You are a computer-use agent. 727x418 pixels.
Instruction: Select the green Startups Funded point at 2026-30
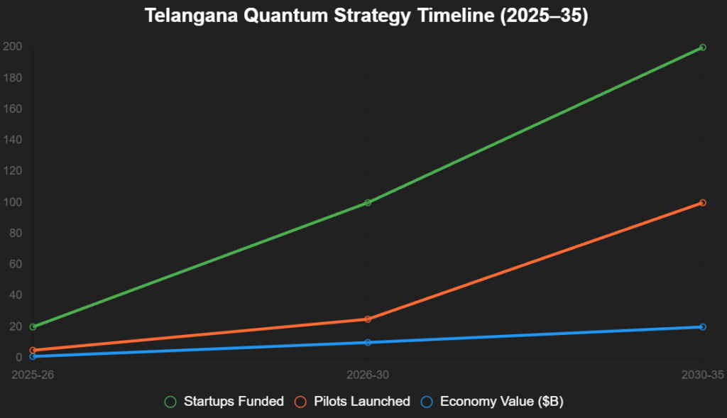[368, 203]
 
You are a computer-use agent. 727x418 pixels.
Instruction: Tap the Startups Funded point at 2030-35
[702, 48]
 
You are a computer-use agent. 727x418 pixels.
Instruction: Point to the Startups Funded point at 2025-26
[33, 327]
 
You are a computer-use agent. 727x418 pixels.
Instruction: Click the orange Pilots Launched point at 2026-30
[368, 319]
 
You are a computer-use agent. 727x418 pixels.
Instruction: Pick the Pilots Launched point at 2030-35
[702, 203]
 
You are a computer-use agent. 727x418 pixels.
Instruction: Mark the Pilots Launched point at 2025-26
[33, 351]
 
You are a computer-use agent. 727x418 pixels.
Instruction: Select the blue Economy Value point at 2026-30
[368, 343]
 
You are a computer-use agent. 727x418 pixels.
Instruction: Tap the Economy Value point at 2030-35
[702, 327]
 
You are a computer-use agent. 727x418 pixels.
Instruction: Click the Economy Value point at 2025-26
[33, 356]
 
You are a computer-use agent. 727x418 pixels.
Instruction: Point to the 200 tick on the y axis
[14, 48]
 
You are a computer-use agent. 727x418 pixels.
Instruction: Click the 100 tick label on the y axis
[14, 203]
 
